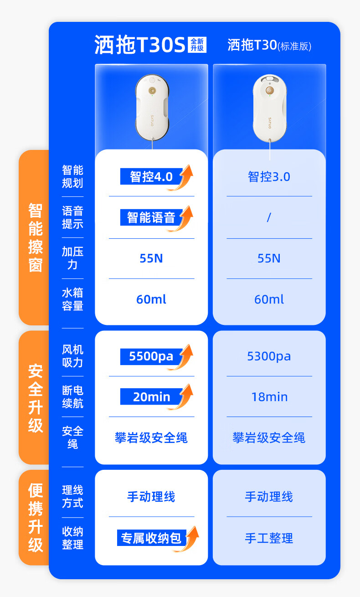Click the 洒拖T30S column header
(140, 46)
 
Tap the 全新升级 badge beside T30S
(197, 45)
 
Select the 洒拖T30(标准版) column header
(269, 46)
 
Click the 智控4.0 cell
(151, 176)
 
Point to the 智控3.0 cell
(269, 177)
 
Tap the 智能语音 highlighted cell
(151, 217)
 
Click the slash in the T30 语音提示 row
(269, 217)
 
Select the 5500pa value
(151, 356)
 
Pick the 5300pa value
(269, 356)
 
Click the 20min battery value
(151, 397)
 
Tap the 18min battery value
(269, 397)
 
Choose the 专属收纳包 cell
(151, 538)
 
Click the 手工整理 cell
(269, 538)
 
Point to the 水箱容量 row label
(73, 299)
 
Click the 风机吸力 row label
(73, 356)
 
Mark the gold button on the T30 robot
(269, 90)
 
